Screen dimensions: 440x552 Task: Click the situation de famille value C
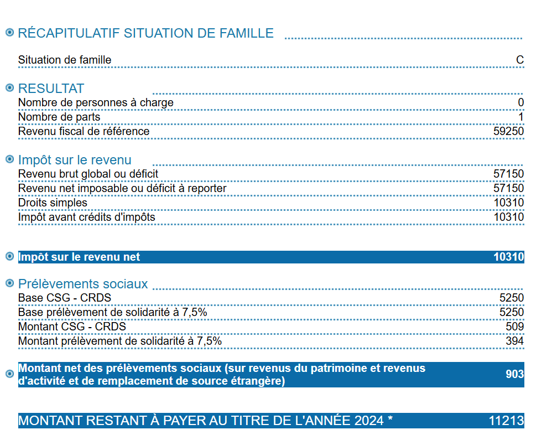pos(520,60)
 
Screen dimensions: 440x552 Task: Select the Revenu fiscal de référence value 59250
pos(508,132)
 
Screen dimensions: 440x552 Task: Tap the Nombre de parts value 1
pos(521,117)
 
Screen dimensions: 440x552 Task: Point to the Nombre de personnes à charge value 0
pos(521,103)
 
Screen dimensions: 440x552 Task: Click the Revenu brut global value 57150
pos(508,174)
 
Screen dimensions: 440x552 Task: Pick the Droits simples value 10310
pos(508,203)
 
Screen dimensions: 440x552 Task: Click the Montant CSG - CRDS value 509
pos(514,327)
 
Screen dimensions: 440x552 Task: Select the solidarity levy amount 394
pos(514,341)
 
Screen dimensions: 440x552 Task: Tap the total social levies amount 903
pos(514,375)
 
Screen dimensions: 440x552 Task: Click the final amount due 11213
pos(506,421)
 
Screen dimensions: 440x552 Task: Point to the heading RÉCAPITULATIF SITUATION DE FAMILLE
pos(145,33)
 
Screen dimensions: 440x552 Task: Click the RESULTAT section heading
pos(51,89)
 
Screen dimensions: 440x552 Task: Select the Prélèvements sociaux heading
pos(83,284)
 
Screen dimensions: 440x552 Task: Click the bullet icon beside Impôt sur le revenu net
pos(9,257)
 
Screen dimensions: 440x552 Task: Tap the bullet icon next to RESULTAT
pos(9,88)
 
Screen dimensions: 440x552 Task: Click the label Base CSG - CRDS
pos(64,298)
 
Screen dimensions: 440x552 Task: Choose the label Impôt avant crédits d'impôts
pos(86,218)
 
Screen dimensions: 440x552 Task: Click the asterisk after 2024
pos(390,419)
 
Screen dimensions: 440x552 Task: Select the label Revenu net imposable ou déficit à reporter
pos(122,189)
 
